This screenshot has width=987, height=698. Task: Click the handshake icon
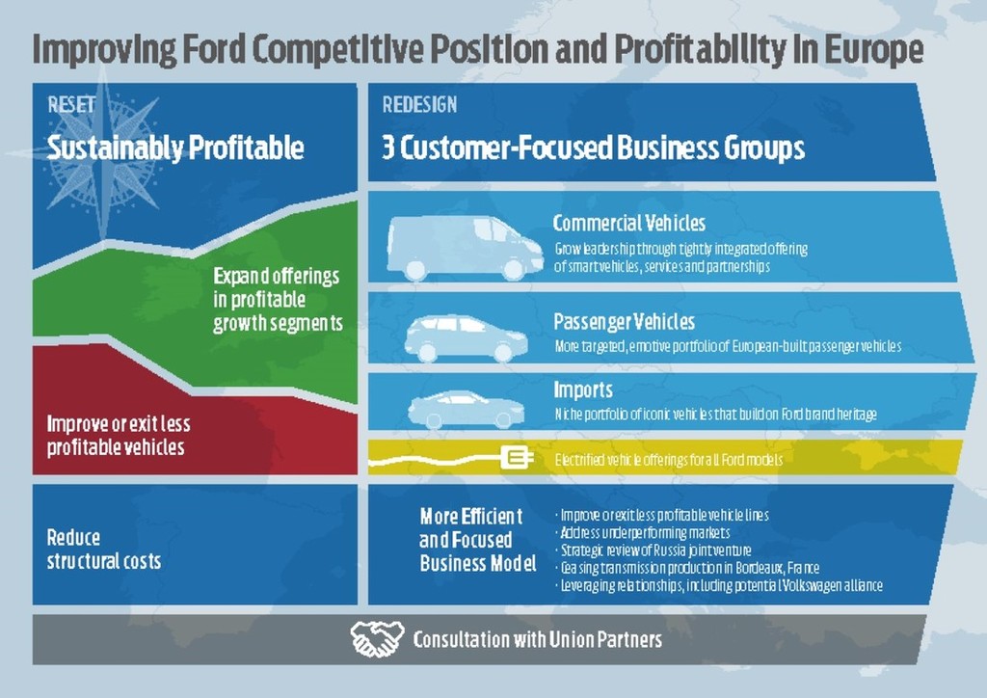coord(377,639)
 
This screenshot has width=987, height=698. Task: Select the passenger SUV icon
coord(466,338)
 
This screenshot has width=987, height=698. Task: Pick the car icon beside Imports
coord(466,409)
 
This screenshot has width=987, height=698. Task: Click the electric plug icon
coord(518,458)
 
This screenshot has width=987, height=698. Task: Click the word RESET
coord(71,104)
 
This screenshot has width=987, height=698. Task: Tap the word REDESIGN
coord(419,104)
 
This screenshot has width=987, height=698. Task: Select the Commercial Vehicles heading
coord(628,223)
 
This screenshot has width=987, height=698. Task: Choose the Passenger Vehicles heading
coord(624,322)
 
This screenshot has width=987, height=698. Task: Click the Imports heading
coord(583,389)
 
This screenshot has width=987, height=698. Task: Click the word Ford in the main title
coord(213,49)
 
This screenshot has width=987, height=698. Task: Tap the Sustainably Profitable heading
coord(175,148)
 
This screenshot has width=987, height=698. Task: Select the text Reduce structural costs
coord(104,549)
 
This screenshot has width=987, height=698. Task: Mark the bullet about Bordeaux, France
coord(688,568)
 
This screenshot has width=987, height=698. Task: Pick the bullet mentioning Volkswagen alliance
coord(719,585)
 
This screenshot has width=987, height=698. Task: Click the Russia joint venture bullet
coord(654,550)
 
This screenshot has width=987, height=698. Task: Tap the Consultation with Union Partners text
coord(538,639)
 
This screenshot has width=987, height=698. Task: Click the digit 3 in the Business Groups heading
coord(388,148)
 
